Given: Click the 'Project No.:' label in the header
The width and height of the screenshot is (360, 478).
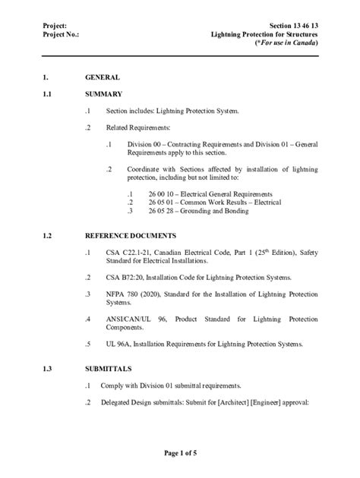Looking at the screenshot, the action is click(62, 35).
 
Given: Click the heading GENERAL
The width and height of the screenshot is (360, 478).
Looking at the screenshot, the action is click(103, 78).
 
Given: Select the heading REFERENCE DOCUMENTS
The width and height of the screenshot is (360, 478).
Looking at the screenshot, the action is click(131, 236).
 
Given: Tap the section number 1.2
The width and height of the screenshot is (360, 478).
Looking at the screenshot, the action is click(49, 236).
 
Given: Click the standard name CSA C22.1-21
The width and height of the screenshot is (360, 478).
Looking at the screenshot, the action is click(129, 251).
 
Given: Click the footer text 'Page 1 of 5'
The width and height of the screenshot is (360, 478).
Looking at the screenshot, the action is click(180, 454).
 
